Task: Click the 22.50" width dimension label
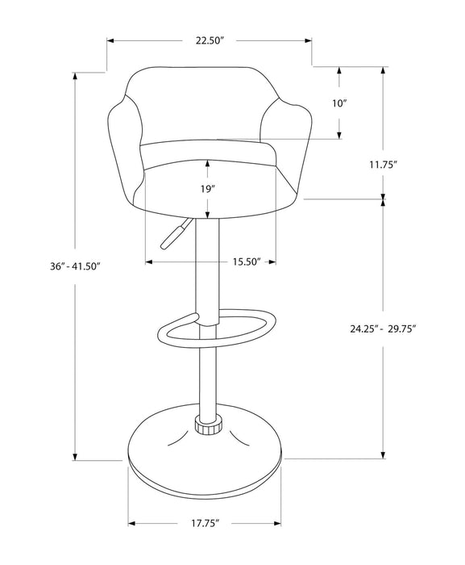[x=209, y=40]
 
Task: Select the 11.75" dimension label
[x=384, y=165]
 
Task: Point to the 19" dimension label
[x=185, y=188]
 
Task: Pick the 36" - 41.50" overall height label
[x=74, y=268]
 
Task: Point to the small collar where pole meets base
[x=207, y=425]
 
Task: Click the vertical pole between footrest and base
[x=207, y=379]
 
